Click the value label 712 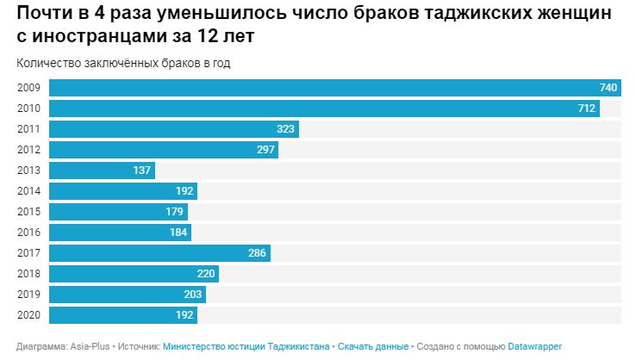coord(587,109)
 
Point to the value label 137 coord(142,171)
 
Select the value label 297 coord(265,150)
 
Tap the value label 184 coord(178,233)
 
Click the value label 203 coord(193,295)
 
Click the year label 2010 coord(28,109)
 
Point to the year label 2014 coord(28,191)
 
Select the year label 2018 coord(28,274)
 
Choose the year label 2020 coord(28,315)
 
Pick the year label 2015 coord(28,212)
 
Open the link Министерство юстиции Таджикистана coord(246,346)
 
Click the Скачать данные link coord(373,346)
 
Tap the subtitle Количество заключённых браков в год coord(123,63)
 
